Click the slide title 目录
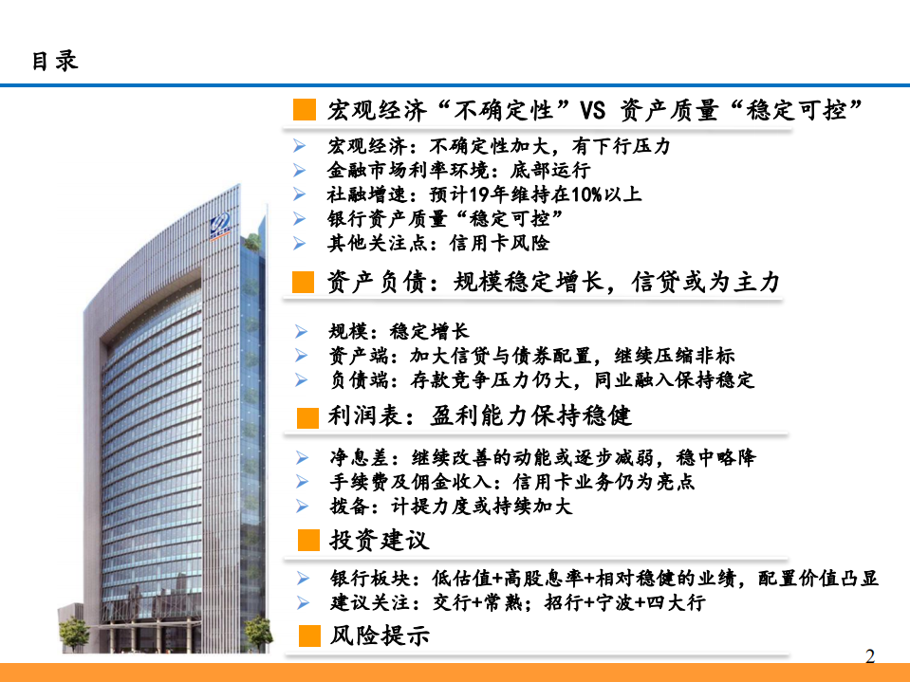coord(55,61)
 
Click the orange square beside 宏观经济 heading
coord(304,110)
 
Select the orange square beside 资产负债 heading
coord(304,282)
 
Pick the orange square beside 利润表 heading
coord(307,417)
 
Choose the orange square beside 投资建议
coord(307,541)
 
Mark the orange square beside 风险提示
coord(307,636)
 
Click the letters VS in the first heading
coord(592,111)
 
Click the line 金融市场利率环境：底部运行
coord(459,171)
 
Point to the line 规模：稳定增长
coord(399,332)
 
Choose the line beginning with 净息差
coord(542,457)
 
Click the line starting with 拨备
coord(451,507)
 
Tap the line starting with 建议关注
coord(517,603)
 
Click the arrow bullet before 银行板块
coord(301,579)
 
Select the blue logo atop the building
coord(221,226)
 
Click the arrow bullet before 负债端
coord(301,381)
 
